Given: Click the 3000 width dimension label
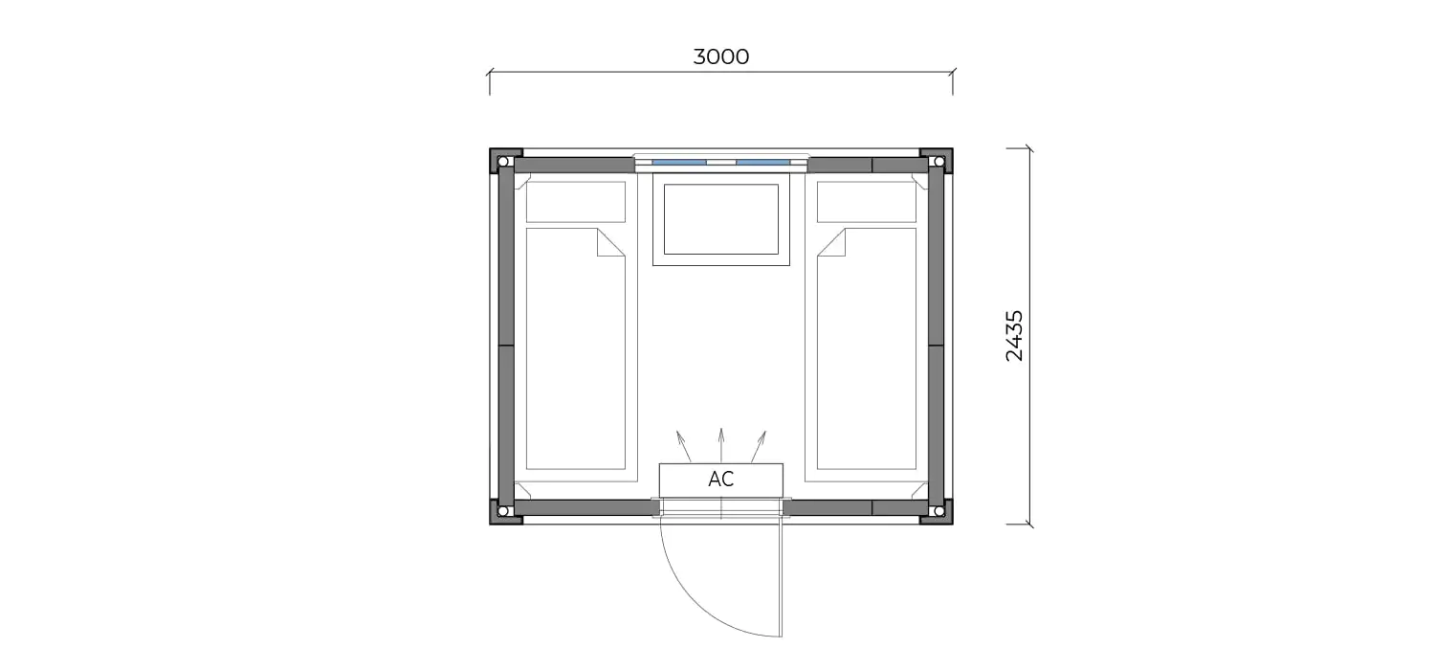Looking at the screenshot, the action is click(x=720, y=56).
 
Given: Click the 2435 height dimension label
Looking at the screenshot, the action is click(x=1015, y=336).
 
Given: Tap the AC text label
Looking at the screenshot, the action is click(x=720, y=479).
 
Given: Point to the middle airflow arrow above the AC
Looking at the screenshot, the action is click(x=721, y=445).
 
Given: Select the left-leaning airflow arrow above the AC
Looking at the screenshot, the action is click(x=684, y=446).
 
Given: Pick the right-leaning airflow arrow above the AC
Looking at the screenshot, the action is click(x=759, y=446).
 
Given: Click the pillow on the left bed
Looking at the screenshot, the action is click(x=575, y=202).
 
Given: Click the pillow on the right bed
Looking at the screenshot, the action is click(x=867, y=202).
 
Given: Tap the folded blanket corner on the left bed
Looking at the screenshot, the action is click(x=611, y=242).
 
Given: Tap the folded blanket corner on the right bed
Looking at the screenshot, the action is click(x=831, y=242).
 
